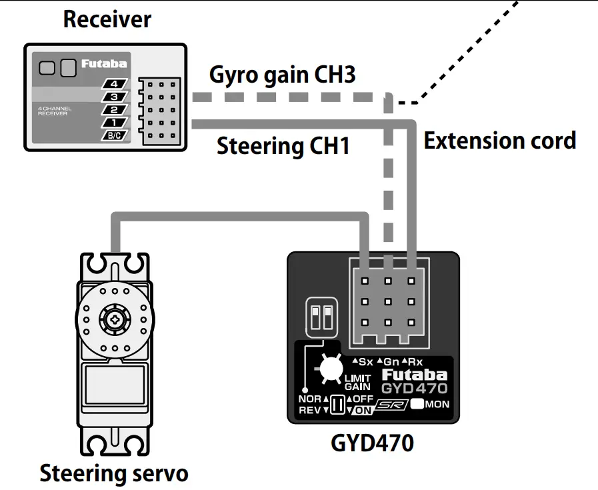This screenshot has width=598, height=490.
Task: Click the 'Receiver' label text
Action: click(107, 19)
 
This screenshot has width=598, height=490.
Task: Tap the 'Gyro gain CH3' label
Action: click(282, 74)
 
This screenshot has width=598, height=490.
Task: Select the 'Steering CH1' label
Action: click(283, 146)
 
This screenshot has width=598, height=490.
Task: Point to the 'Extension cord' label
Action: click(500, 141)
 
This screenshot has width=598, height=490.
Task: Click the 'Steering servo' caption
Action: click(114, 473)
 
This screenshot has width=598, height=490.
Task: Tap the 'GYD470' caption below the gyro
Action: click(372, 443)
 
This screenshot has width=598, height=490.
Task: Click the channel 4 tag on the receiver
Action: click(114, 85)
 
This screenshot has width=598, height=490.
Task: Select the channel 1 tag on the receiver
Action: click(114, 123)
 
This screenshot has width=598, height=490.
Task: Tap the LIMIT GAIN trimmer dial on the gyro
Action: click(328, 368)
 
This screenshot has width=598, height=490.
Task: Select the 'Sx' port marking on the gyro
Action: click(363, 362)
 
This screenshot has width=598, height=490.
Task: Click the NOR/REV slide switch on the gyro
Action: click(337, 405)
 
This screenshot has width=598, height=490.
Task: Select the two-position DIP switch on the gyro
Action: click(322, 317)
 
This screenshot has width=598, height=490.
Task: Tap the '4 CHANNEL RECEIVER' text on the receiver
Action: click(55, 111)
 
